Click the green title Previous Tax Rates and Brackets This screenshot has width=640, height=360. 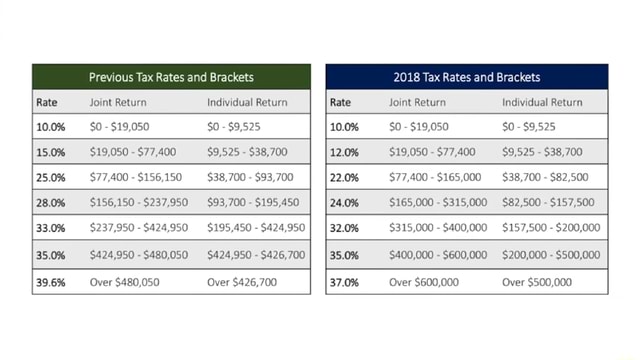[x=171, y=77]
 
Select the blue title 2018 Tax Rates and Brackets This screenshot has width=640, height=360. [x=467, y=77]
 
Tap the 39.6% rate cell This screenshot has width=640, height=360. [x=51, y=282]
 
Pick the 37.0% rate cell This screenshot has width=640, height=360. [x=345, y=282]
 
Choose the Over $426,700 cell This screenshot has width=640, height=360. [x=243, y=282]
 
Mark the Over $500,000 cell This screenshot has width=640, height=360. [x=537, y=282]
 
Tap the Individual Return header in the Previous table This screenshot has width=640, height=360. [x=247, y=102]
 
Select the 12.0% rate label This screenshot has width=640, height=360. [x=345, y=153]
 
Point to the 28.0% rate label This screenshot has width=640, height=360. [x=51, y=203]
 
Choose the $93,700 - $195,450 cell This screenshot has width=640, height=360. [x=253, y=203]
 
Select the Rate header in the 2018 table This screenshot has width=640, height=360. [x=341, y=102]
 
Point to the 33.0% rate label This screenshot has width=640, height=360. [x=51, y=229]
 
